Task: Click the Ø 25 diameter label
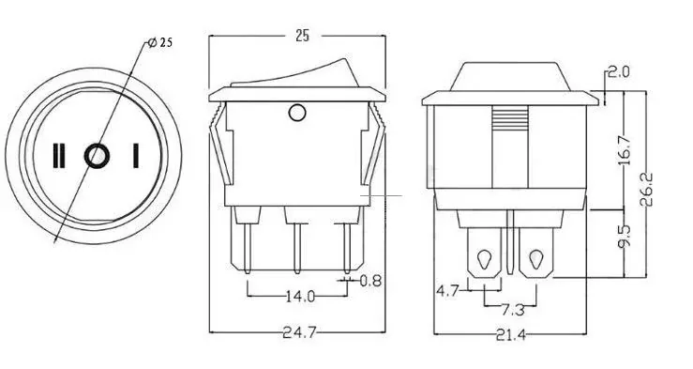tap(160, 42)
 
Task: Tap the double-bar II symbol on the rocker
tap(59, 156)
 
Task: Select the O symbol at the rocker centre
tap(97, 156)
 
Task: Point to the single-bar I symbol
tap(136, 156)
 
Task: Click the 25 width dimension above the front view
tap(302, 36)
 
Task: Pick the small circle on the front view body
tap(297, 113)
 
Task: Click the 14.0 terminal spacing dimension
tap(300, 296)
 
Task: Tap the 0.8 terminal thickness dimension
tap(370, 281)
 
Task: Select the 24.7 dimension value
tap(300, 332)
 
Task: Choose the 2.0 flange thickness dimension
tap(619, 71)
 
